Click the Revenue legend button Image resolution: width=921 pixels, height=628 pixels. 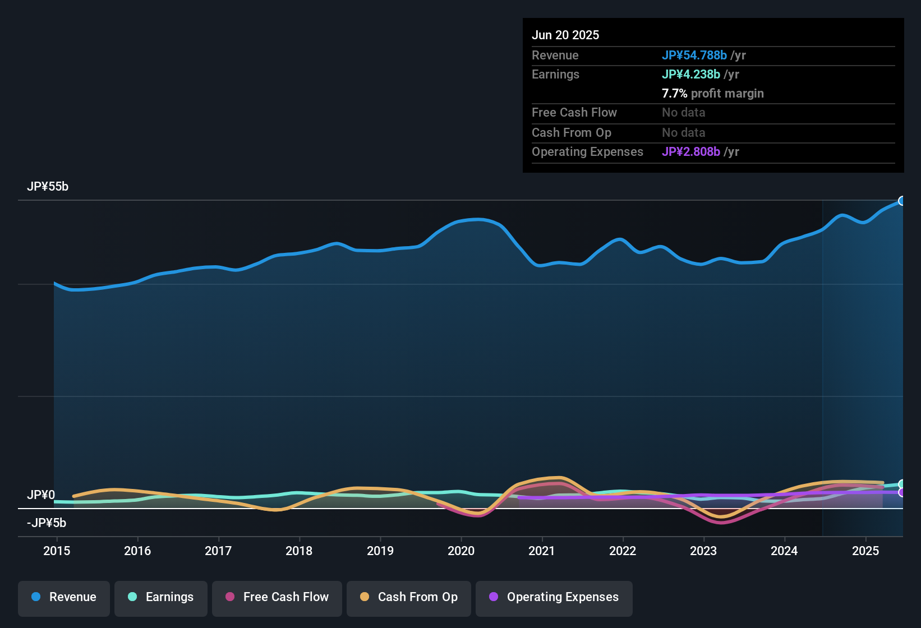point(64,597)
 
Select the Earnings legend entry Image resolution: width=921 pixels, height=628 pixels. point(161,597)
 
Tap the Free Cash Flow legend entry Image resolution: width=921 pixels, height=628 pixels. point(277,597)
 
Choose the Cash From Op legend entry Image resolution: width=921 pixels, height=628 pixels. point(409,597)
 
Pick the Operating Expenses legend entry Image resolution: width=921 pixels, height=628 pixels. point(554,597)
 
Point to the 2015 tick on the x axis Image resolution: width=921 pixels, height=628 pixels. point(57,551)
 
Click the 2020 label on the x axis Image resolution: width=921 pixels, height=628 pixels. point(461,551)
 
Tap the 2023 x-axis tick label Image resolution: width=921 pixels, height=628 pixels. point(703,551)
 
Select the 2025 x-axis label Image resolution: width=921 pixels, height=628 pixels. point(865,551)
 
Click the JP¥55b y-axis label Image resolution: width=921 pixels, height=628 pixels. point(48,187)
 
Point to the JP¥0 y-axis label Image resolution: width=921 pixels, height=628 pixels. point(41,495)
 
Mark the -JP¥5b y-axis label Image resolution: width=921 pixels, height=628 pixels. point(47,523)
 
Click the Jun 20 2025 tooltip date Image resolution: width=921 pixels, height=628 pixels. point(565,35)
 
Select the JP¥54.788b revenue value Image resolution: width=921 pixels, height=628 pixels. point(694,56)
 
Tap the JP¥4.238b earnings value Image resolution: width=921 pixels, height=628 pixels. point(691,75)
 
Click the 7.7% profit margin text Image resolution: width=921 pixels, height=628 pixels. point(712,94)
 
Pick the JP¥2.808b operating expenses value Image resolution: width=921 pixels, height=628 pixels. point(691,152)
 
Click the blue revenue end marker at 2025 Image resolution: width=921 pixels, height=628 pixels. point(902,201)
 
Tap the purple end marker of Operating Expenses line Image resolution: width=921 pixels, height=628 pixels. point(902,492)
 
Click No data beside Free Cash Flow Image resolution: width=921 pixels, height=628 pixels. point(683,113)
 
